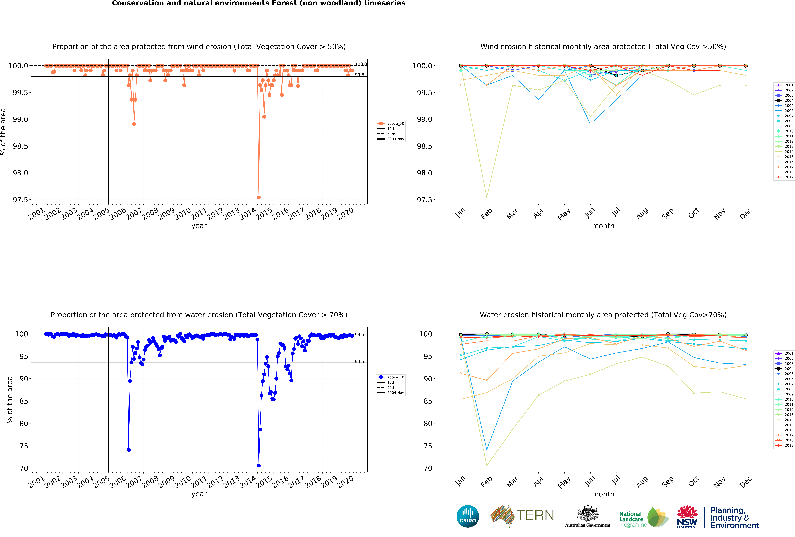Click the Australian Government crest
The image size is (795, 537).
coord(587,513)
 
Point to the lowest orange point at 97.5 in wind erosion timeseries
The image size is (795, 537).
coord(259,197)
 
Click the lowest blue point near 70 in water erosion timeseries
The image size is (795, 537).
coord(259,466)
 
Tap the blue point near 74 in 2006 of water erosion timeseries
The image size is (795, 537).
coord(129,450)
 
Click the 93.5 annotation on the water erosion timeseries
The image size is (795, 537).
coord(359,361)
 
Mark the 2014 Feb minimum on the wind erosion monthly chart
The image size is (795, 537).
coord(486,197)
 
